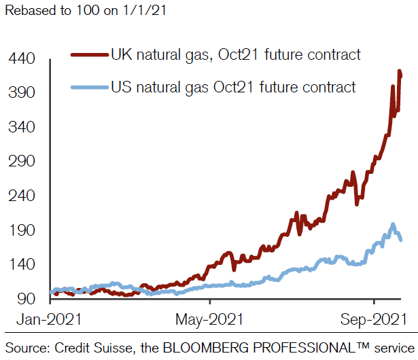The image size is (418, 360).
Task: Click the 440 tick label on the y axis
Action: [22, 58]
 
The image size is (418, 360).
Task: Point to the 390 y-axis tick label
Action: [22, 92]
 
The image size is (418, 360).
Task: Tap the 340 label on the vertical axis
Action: [22, 127]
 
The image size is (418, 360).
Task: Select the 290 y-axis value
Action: [22, 162]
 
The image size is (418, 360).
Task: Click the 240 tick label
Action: [22, 196]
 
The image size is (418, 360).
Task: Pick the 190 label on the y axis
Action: [22, 230]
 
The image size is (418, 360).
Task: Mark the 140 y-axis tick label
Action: [22, 264]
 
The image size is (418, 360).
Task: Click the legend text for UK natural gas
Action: [234, 54]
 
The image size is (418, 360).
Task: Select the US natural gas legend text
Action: [232, 87]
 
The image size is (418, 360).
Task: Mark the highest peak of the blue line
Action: [393, 224]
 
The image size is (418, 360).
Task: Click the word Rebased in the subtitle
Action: [28, 12]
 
